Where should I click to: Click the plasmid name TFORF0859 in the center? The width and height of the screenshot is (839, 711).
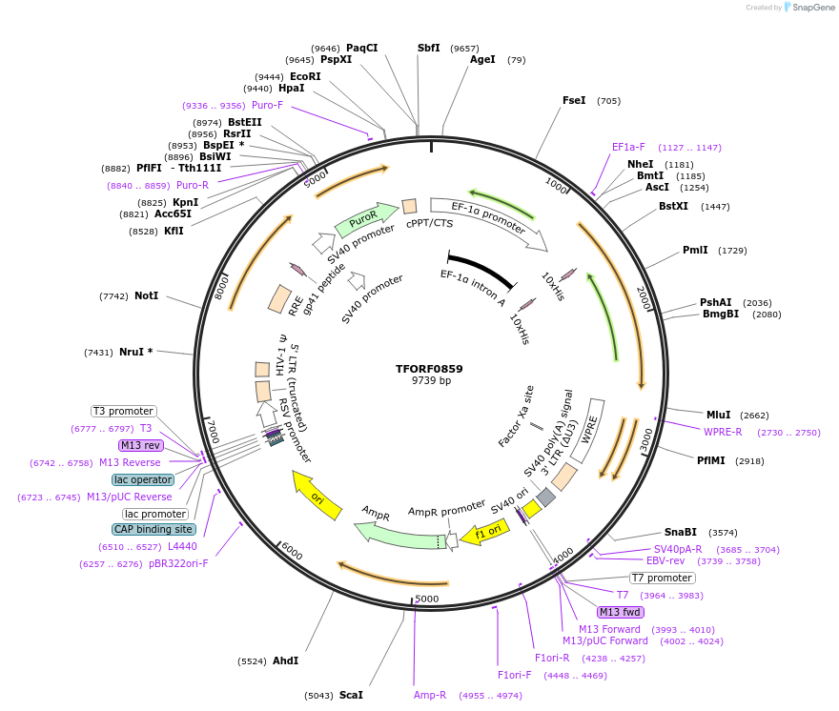[429, 369]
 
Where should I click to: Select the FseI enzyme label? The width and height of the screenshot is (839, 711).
[574, 100]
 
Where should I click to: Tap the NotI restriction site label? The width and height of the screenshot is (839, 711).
[146, 296]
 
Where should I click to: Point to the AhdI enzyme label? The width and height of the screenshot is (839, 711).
[285, 660]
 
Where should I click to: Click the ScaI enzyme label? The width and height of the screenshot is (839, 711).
[351, 695]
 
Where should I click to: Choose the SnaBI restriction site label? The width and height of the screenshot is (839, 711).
[681, 532]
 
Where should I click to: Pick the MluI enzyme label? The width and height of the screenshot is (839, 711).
[718, 415]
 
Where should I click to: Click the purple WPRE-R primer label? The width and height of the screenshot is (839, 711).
[723, 432]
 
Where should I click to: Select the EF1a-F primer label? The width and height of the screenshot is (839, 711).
[628, 147]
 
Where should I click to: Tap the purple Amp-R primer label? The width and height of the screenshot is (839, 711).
[430, 695]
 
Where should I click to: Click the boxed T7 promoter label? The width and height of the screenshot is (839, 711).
[662, 578]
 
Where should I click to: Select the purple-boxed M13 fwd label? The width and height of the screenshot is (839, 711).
[620, 612]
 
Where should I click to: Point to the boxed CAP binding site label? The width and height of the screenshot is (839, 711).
[154, 529]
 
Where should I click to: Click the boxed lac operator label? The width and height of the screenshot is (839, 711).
[143, 479]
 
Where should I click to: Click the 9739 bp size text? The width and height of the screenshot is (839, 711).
[429, 381]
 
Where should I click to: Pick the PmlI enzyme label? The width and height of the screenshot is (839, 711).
[695, 251]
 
